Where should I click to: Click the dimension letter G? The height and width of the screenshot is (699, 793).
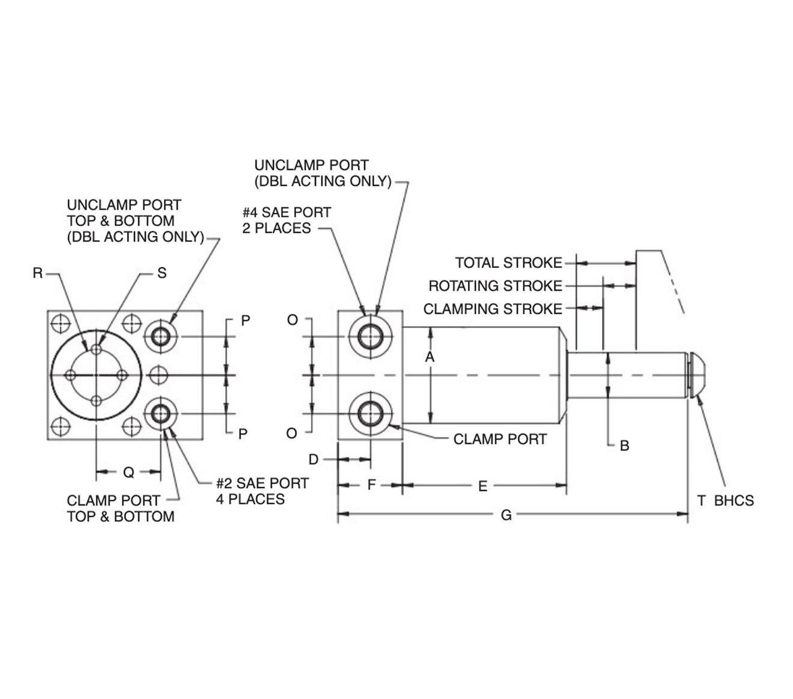tap(506, 515)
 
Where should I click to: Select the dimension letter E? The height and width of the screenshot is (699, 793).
tap(483, 486)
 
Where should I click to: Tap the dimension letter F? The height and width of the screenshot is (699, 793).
tap(371, 484)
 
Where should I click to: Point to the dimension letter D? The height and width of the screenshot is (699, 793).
tap(314, 459)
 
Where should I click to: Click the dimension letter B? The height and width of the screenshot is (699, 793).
tap(624, 446)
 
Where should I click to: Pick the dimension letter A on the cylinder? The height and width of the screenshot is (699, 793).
tap(430, 357)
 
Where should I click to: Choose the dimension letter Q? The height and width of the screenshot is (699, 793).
tap(129, 473)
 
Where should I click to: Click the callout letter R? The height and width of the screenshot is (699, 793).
tap(38, 273)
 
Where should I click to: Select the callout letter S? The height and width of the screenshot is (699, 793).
tap(162, 273)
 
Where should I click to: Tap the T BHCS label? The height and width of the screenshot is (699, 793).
tap(725, 500)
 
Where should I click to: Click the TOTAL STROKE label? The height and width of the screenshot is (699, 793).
tap(508, 262)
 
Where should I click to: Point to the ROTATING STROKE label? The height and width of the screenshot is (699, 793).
tap(495, 286)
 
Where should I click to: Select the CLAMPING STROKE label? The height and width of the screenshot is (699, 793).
tap(493, 309)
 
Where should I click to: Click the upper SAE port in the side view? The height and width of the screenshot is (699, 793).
tap(370, 336)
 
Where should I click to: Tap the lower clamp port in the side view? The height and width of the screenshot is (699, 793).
tap(370, 414)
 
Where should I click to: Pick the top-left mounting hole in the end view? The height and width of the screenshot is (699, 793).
tap(59, 324)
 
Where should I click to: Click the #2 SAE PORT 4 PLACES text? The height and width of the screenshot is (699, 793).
tap(263, 491)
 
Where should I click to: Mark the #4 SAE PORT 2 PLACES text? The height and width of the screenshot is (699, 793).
tap(287, 220)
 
